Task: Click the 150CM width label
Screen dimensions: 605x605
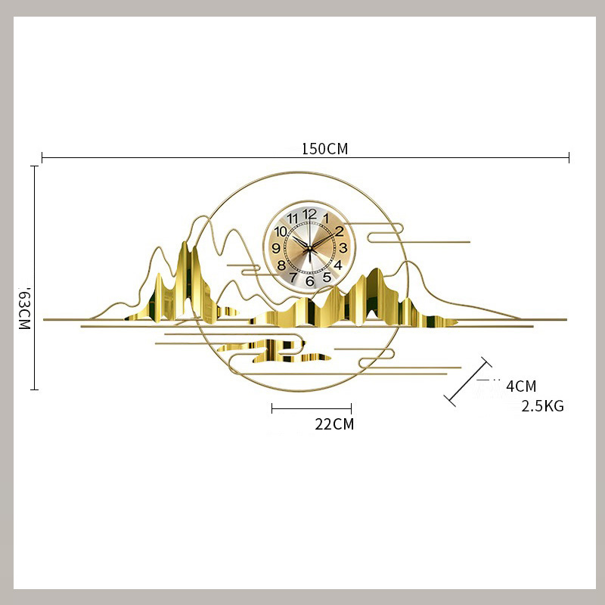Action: pyautogui.click(x=324, y=149)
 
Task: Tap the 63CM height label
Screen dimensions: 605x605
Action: pyautogui.click(x=24, y=309)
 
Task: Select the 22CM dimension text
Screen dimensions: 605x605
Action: pyautogui.click(x=334, y=424)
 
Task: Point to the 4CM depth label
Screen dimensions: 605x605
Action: pyautogui.click(x=521, y=386)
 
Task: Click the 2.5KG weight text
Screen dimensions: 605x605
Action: pyautogui.click(x=542, y=406)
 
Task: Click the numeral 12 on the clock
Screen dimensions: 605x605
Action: pyautogui.click(x=309, y=214)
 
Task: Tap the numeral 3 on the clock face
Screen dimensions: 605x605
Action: pyautogui.click(x=343, y=248)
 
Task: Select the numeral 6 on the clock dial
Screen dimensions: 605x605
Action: pyautogui.click(x=309, y=281)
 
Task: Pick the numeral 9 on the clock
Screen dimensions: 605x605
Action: pyautogui.click(x=276, y=248)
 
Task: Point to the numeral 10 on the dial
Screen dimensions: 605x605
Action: pyautogui.click(x=281, y=231)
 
